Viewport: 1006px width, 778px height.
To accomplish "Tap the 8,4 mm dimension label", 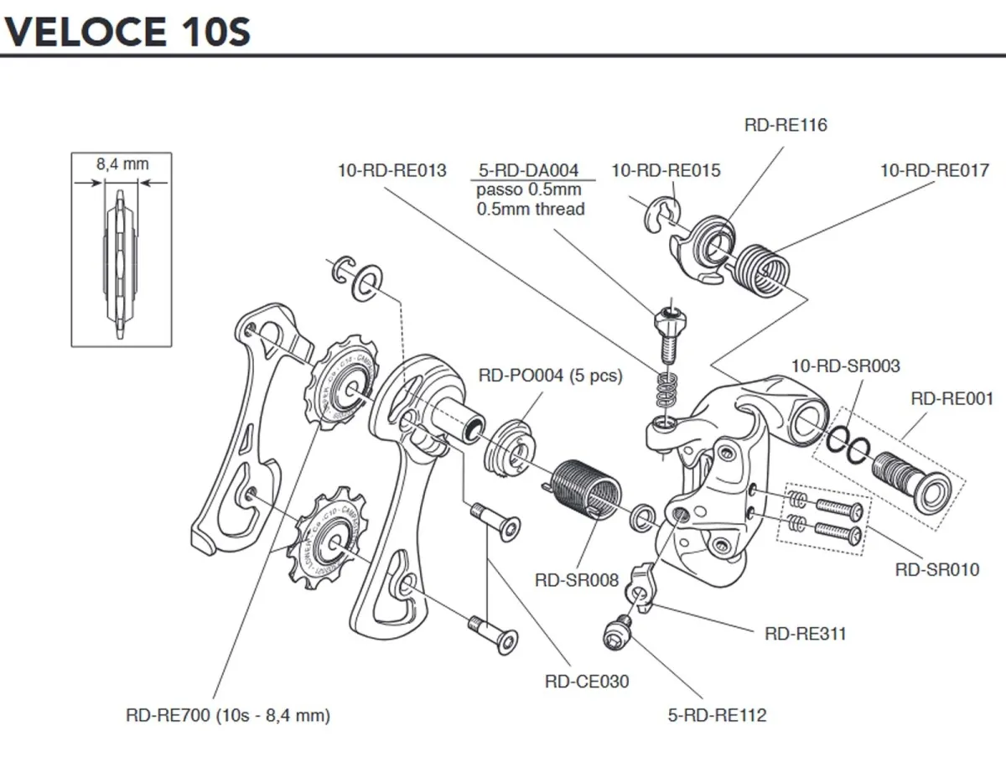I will click(122, 164).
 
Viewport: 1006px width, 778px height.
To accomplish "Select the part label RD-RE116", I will click(786, 126).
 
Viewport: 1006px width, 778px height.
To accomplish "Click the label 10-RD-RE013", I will click(392, 171).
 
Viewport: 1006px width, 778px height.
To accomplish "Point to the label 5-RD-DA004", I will click(529, 171).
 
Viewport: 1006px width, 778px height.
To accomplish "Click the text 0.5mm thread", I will click(531, 210).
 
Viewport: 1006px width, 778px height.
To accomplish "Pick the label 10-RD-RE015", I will click(666, 171).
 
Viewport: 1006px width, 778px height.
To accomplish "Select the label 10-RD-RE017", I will click(935, 171).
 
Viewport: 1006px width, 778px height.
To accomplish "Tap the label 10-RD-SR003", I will click(846, 366).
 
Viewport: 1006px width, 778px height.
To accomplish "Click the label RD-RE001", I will click(952, 399).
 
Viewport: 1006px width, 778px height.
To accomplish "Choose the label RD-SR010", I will click(936, 570).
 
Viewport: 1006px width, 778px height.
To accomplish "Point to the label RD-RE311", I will click(806, 634).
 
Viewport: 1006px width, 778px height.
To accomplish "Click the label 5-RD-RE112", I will click(718, 715).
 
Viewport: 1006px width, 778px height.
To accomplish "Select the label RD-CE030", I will click(587, 682).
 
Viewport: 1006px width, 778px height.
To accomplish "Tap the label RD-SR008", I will click(577, 579).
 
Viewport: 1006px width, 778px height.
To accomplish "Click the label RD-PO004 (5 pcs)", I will click(550, 376).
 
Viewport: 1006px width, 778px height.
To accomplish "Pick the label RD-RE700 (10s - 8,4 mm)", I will click(228, 715).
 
